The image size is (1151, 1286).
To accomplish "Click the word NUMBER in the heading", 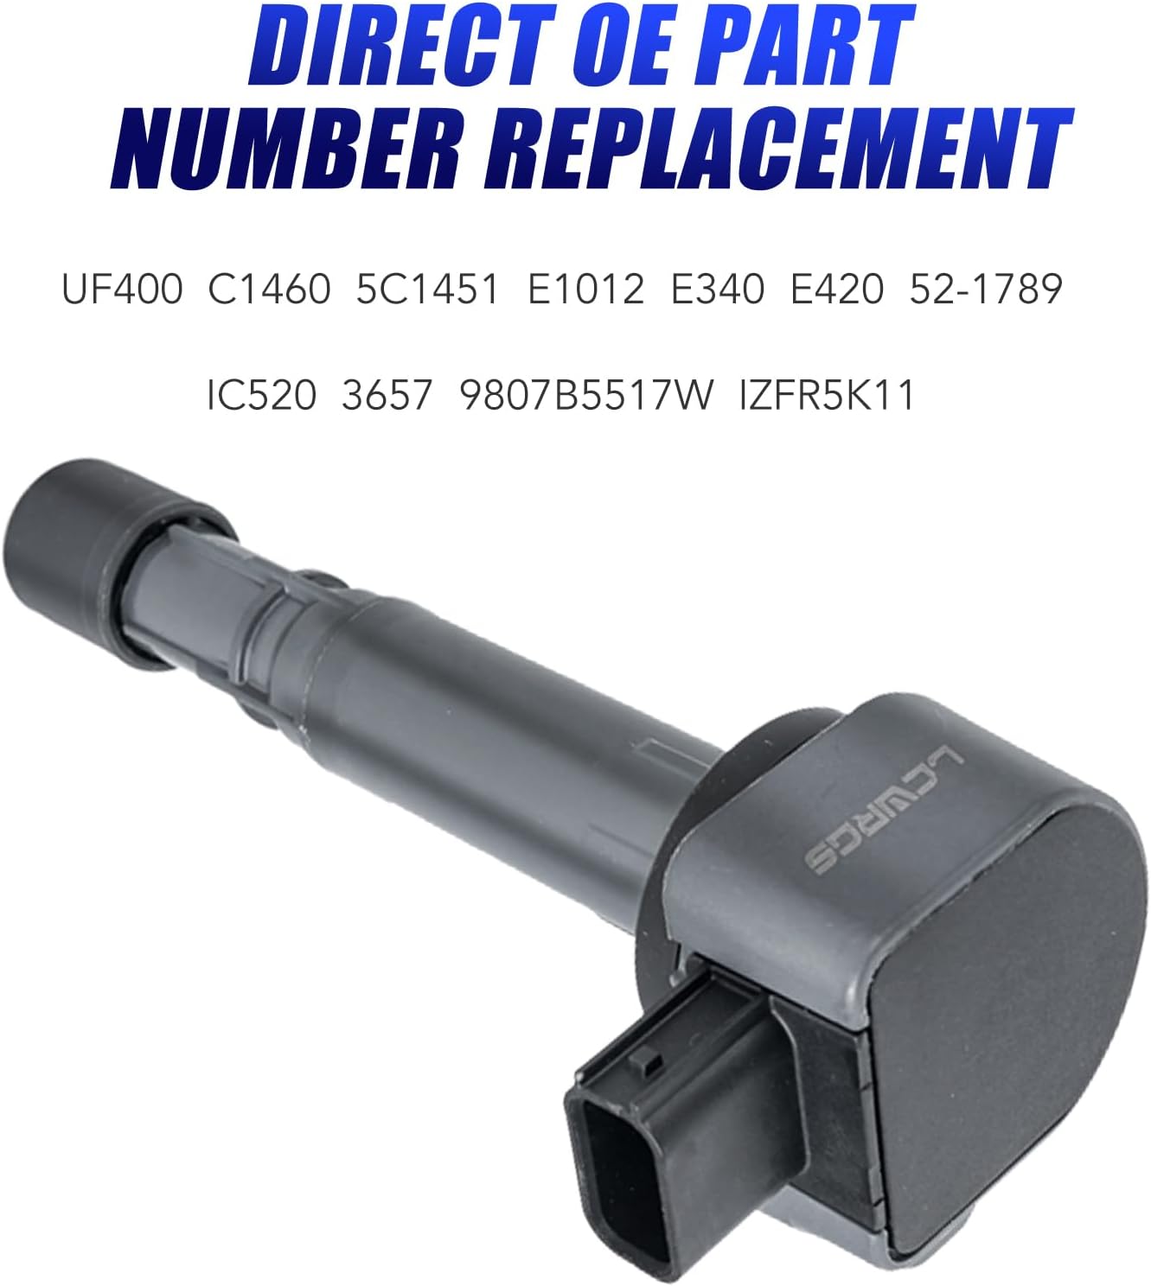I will (x=285, y=149).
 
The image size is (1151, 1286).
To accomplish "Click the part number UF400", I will (x=122, y=289).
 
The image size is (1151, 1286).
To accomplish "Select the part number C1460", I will (x=269, y=289).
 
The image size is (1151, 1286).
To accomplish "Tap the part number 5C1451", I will (x=427, y=289).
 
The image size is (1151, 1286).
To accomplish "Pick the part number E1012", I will (x=585, y=289).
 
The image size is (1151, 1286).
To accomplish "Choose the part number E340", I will (x=718, y=289).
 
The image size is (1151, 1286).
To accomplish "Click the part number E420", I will (x=837, y=289).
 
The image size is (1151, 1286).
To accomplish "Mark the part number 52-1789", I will (x=985, y=289).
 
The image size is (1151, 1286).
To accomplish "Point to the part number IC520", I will (x=261, y=396).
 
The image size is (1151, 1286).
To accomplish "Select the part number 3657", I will (x=387, y=396).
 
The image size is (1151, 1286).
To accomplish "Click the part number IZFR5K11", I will (x=827, y=396).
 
